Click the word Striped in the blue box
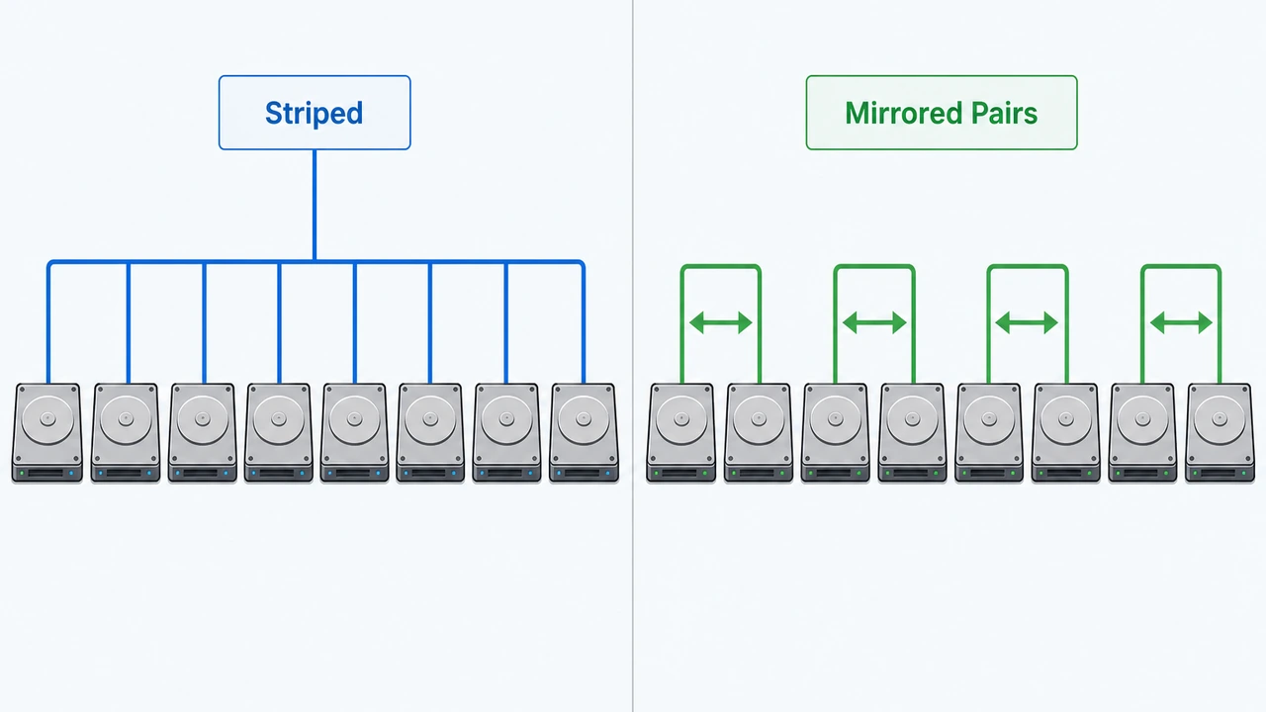point(315,113)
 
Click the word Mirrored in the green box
point(903,113)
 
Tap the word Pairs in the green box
point(1004,113)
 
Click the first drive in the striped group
point(47,433)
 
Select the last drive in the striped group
point(584,433)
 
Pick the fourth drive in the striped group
point(279,433)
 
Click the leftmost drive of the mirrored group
point(681,433)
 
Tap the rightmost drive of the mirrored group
point(1220,433)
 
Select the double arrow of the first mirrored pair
point(721,322)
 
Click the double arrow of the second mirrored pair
point(874,322)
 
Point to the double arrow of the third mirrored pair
point(1027,322)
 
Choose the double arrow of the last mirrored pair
point(1181,322)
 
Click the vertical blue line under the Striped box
point(315,205)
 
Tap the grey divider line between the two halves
point(633,356)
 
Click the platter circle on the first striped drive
point(48,419)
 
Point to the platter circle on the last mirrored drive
point(1220,419)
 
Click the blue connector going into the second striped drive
point(129,322)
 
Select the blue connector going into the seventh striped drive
point(505,322)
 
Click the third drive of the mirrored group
point(836,433)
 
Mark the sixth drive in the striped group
point(430,433)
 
